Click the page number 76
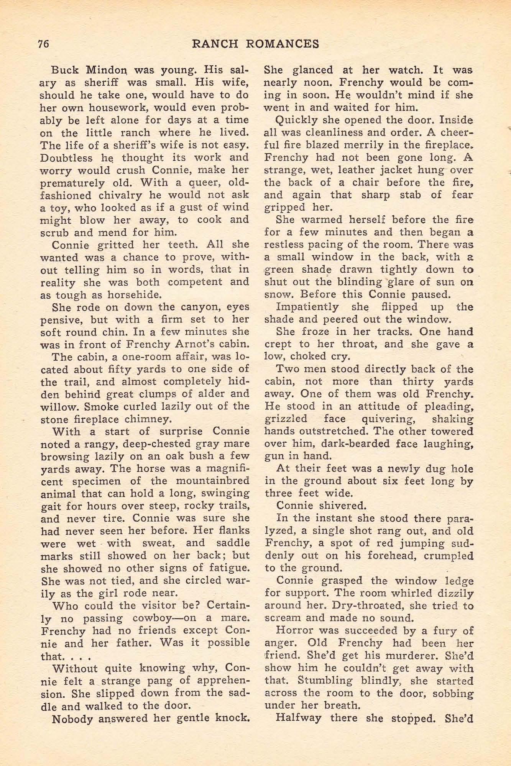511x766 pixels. pos(43,44)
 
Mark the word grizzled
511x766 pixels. pos(286,419)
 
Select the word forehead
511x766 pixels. pos(389,556)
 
